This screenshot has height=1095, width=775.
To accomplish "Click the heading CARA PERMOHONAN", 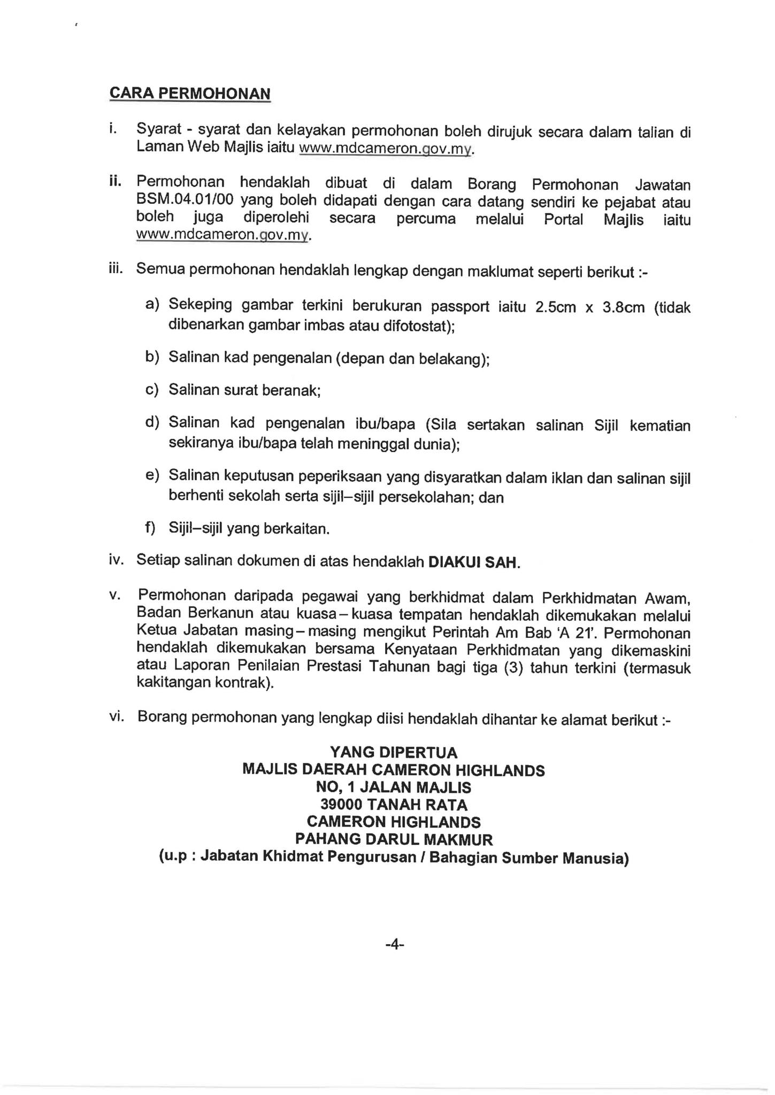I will coord(190,94).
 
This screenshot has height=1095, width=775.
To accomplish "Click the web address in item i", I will coord(386,149).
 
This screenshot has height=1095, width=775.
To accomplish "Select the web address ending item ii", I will coord(222,235).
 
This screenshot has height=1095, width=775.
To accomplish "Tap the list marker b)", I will coord(152,357).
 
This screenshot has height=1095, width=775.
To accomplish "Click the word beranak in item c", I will coord(294,391).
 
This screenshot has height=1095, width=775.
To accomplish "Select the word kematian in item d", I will coord(660,426).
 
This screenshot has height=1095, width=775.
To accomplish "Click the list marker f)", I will coord(150,528).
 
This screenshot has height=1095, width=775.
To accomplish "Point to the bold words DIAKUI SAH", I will coord(474,563).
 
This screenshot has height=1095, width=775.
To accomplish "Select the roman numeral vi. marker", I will coord(117,716).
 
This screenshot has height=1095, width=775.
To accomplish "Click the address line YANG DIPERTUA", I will coord(394,753).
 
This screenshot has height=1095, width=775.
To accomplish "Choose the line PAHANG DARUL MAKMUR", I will coord(394,839).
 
